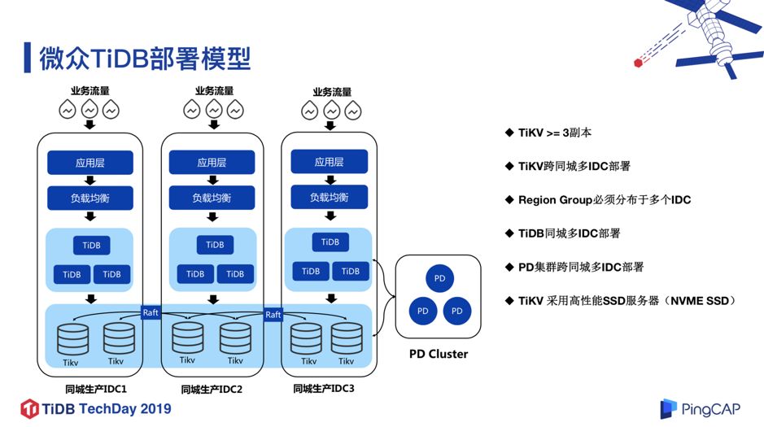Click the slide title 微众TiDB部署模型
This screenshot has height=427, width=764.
145,59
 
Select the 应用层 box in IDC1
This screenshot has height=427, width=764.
89,163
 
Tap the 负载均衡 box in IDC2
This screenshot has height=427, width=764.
212,198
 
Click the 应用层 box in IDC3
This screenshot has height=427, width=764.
330,162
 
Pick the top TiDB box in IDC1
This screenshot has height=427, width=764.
90,245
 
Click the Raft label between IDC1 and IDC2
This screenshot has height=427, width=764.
151,312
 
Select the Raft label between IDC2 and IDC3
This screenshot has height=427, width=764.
273,314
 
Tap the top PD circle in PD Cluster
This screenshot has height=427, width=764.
439,279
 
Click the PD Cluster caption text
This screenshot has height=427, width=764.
439,354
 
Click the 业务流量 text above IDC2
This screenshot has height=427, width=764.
214,91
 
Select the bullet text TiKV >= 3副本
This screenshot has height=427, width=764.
561,132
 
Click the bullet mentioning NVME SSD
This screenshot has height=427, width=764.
626,300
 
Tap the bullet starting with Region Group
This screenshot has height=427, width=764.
604,199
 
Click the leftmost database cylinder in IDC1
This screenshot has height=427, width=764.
72,338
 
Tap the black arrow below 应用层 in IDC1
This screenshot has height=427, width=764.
90,181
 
